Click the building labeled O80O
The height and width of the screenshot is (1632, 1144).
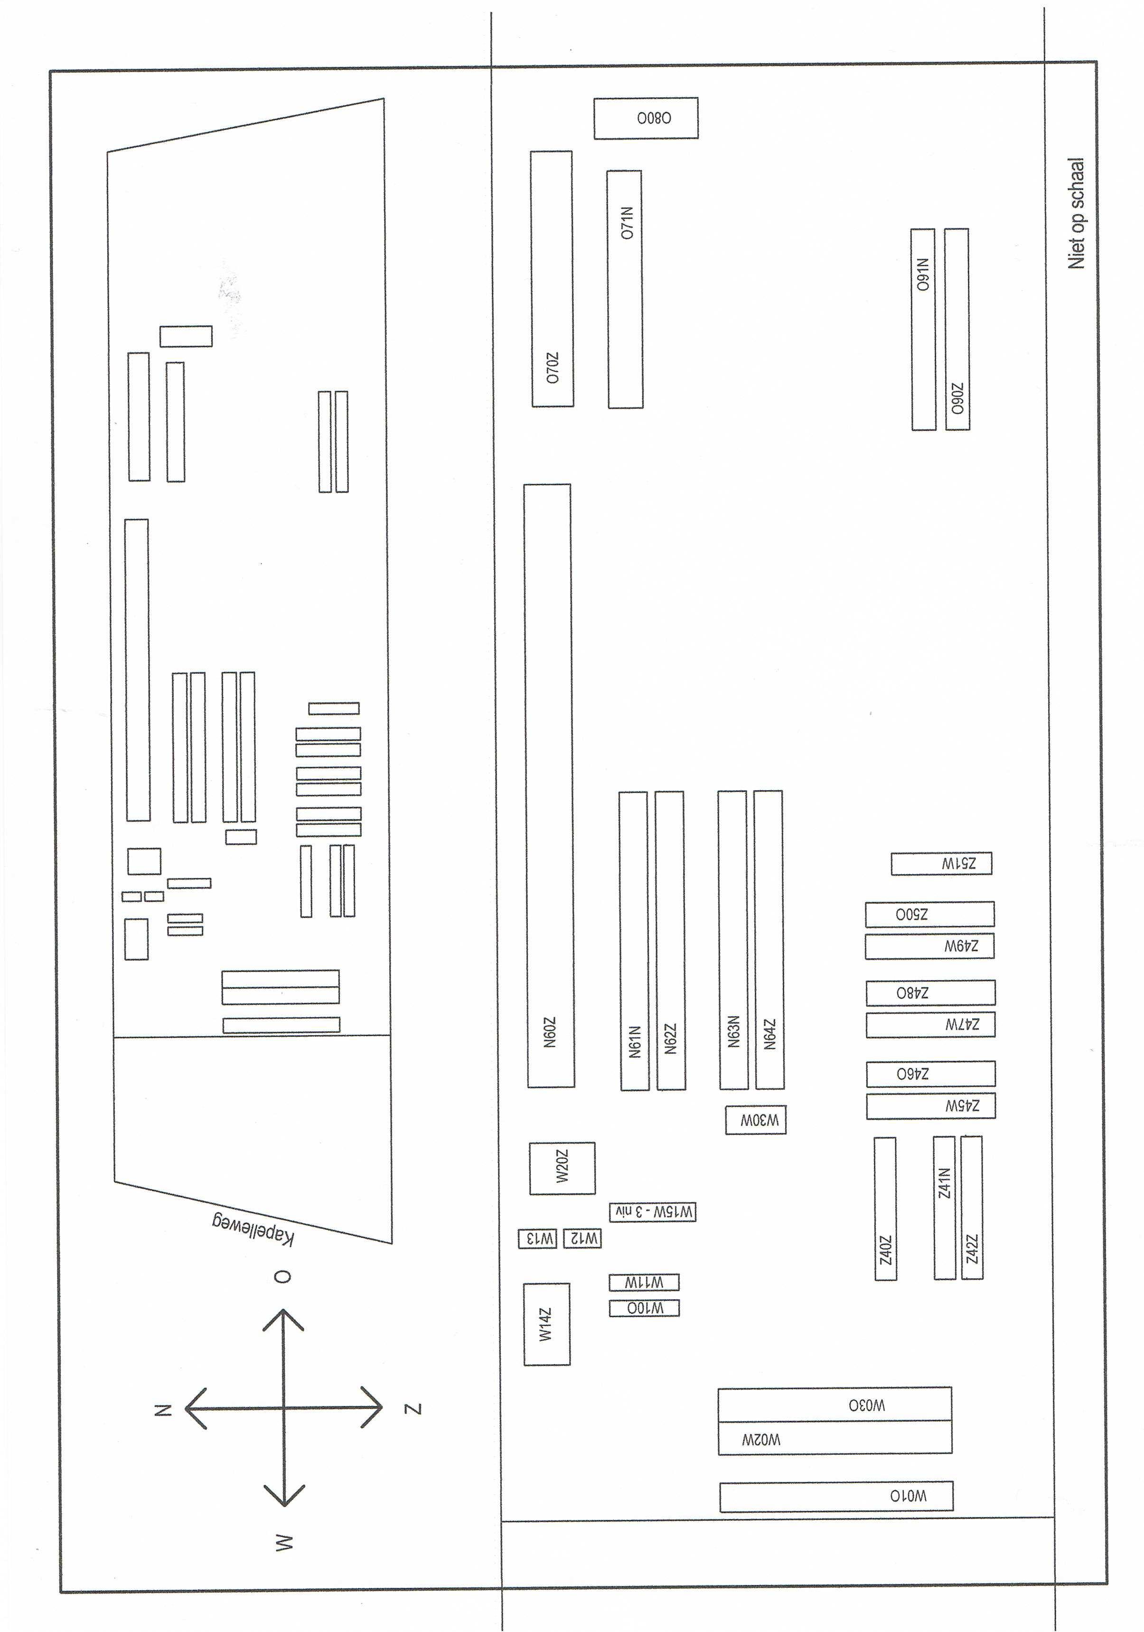pyautogui.click(x=646, y=118)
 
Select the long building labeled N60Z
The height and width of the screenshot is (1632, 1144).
pyautogui.click(x=549, y=785)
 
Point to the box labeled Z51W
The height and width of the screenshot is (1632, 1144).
pyautogui.click(x=941, y=864)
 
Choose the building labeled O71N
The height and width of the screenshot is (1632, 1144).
pyautogui.click(x=625, y=289)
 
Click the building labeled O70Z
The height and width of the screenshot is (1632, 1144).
pyautogui.click(x=552, y=279)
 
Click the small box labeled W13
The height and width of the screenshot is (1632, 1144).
pyautogui.click(x=537, y=1239)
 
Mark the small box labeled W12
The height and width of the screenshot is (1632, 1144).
pyautogui.click(x=582, y=1238)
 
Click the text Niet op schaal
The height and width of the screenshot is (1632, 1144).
pyautogui.click(x=1076, y=213)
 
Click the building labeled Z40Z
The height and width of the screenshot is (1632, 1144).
pyautogui.click(x=885, y=1208)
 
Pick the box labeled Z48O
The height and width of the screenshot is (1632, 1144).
pyautogui.click(x=929, y=992)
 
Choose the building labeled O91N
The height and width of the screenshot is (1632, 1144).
pyautogui.click(x=923, y=329)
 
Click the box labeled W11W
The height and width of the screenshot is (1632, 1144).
pyautogui.click(x=644, y=1282)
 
